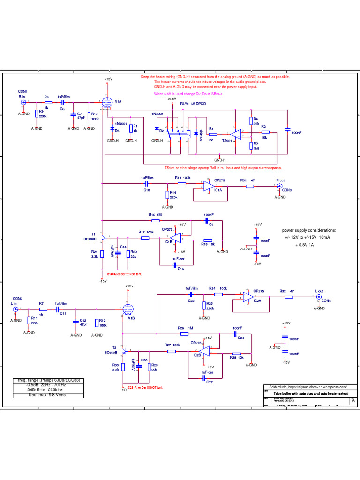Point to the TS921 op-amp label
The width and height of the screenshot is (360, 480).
(228, 141)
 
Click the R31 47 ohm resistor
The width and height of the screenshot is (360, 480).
(250, 186)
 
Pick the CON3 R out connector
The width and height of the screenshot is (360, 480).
(279, 187)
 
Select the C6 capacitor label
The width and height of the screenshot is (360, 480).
(62, 109)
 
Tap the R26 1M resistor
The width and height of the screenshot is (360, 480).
(185, 333)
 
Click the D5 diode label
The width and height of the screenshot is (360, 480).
(117, 131)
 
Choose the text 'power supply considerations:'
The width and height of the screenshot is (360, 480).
(309, 231)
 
